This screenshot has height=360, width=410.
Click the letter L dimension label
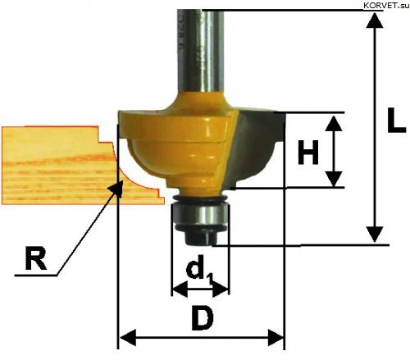pyautogui.click(x=395, y=121)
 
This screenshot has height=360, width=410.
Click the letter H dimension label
pyautogui.click(x=308, y=152)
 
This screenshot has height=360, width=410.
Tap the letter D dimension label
pyautogui.click(x=202, y=318)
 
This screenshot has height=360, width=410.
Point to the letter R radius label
pyautogui.click(x=35, y=257)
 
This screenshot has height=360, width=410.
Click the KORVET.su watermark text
pyautogui.click(x=386, y=6)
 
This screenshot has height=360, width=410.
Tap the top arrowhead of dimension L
pyautogui.click(x=375, y=20)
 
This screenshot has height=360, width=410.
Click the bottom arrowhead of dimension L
pyautogui.click(x=375, y=235)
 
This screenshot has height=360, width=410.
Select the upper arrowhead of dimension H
pyautogui.click(x=334, y=123)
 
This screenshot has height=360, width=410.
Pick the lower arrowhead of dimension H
pyautogui.click(x=334, y=179)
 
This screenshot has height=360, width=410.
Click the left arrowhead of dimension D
pyautogui.click(x=128, y=338)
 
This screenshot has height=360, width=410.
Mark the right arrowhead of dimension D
pyautogui.click(x=276, y=338)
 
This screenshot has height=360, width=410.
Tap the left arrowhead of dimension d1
pyautogui.click(x=180, y=289)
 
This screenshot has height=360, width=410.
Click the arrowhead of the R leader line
pyautogui.click(x=116, y=189)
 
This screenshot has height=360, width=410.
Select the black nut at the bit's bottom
pyautogui.click(x=201, y=236)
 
